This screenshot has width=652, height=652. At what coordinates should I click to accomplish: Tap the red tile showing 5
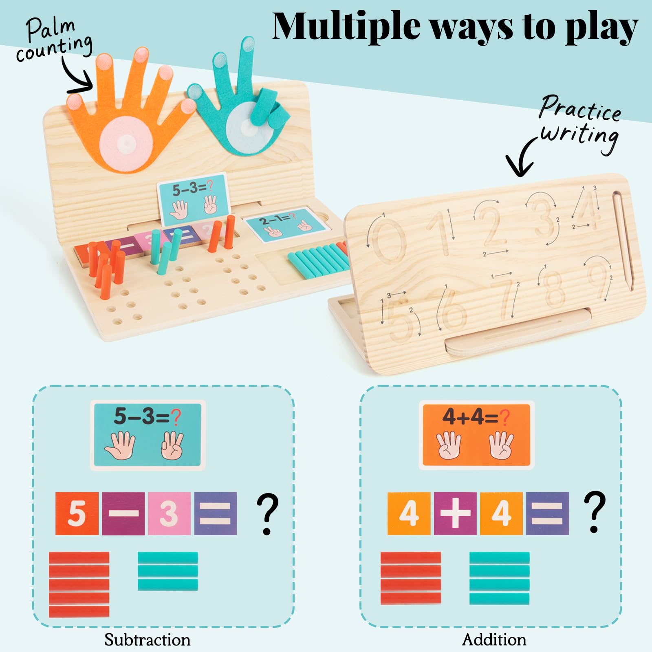pyautogui.click(x=77, y=513)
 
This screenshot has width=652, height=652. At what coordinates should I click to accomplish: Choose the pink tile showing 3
pyautogui.click(x=169, y=513)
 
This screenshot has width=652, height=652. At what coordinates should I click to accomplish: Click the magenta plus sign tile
pyautogui.click(x=455, y=513)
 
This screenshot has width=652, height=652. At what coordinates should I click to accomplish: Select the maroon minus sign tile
pyautogui.click(x=123, y=513)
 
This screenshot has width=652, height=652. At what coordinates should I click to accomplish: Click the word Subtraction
pyautogui.click(x=148, y=639)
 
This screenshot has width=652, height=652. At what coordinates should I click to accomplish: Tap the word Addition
pyautogui.click(x=494, y=639)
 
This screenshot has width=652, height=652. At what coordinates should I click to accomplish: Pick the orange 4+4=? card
pyautogui.click(x=476, y=435)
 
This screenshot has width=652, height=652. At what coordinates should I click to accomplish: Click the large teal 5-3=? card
pyautogui.click(x=148, y=435)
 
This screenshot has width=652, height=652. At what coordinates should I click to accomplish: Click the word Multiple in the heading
pyautogui.click(x=346, y=26)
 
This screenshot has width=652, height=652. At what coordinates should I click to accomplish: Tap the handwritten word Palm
pyautogui.click(x=51, y=29)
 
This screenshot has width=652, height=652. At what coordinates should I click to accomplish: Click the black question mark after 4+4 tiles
pyautogui.click(x=595, y=513)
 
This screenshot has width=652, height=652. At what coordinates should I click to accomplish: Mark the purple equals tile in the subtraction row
pyautogui.click(x=216, y=513)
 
